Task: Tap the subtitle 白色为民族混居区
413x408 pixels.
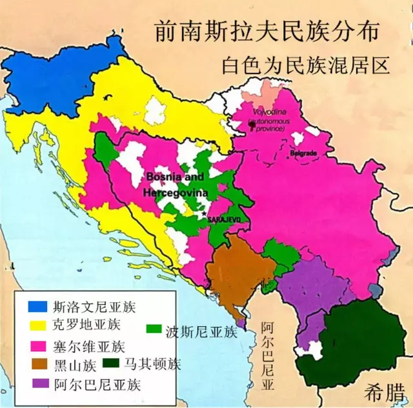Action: coord(307,66)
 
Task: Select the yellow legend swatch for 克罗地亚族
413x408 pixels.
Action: coord(37,324)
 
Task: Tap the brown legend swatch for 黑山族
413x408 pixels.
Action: coord(37,365)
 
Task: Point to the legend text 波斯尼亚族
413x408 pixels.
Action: coord(201,332)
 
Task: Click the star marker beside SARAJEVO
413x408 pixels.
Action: coord(204,214)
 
